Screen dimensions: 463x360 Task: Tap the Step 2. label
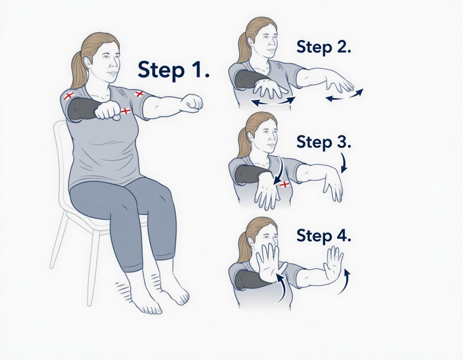tap(324, 47)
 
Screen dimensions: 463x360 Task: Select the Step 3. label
tap(324, 142)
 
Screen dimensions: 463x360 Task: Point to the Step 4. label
tap(324, 235)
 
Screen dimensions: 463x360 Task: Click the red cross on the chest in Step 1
tap(125, 111)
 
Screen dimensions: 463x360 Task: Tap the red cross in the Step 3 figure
tap(284, 185)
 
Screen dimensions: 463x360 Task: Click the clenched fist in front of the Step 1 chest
tap(107, 112)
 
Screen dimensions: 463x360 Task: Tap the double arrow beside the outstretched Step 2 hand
tap(344, 95)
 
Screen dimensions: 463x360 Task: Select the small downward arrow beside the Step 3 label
tap(344, 163)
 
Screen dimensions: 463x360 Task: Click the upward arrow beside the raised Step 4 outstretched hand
tap(343, 283)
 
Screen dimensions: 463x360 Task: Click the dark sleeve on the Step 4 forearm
tap(250, 279)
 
